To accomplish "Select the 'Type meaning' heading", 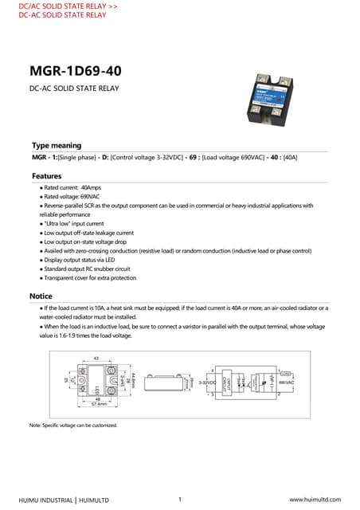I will (56, 146).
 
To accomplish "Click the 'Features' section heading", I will (47, 175).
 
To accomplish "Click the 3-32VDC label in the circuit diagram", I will (207, 383).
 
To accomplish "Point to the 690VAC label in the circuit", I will (287, 383).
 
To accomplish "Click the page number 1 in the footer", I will (181, 499).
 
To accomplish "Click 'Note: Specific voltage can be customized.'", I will (73, 426).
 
